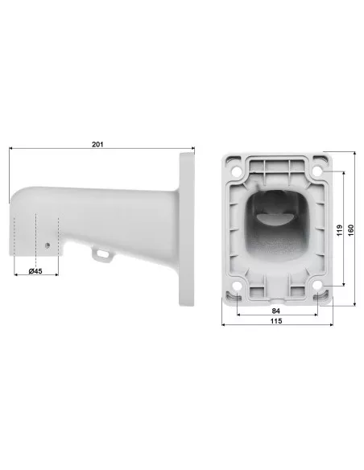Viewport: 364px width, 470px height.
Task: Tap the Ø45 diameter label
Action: pos(35,270)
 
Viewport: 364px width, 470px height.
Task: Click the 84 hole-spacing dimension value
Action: pos(275,309)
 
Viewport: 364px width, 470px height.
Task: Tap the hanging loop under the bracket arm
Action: pos(101,254)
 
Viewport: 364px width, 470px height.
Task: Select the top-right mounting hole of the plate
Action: pos(320,171)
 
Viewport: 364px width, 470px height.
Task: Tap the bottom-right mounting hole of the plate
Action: pos(316,284)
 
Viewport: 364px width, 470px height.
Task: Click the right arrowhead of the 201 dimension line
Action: pos(192,150)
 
